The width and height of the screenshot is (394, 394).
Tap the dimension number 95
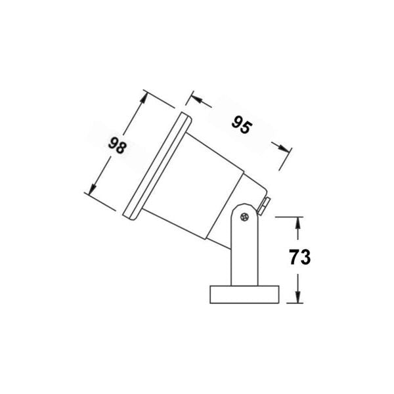pyautogui.click(x=241, y=125)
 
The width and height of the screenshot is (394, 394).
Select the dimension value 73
pyautogui.click(x=299, y=257)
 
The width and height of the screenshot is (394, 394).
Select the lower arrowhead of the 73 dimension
pyautogui.click(x=299, y=297)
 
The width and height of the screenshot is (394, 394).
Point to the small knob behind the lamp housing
pyautogui.click(x=263, y=205)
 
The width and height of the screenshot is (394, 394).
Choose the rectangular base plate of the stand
pyautogui.click(x=244, y=294)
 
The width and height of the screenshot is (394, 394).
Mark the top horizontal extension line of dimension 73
pyautogui.click(x=289, y=216)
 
